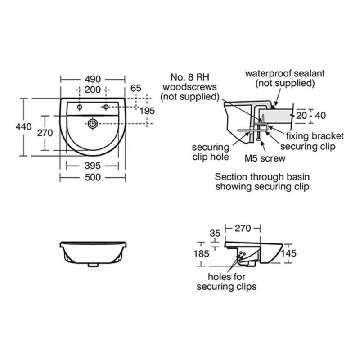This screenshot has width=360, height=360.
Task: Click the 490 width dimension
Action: (93, 80)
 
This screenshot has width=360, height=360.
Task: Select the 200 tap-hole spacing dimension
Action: (93, 90)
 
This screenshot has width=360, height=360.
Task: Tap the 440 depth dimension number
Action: (24, 127)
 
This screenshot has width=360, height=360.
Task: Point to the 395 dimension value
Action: (93, 166)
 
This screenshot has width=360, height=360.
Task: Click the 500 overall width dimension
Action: (93, 177)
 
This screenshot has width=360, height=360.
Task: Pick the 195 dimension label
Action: (147, 111)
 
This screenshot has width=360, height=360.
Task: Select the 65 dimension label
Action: (136, 88)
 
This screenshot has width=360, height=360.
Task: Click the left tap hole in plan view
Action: (80, 107)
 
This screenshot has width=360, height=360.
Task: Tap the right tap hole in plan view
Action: (106, 107)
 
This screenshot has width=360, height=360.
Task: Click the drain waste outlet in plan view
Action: (93, 124)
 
